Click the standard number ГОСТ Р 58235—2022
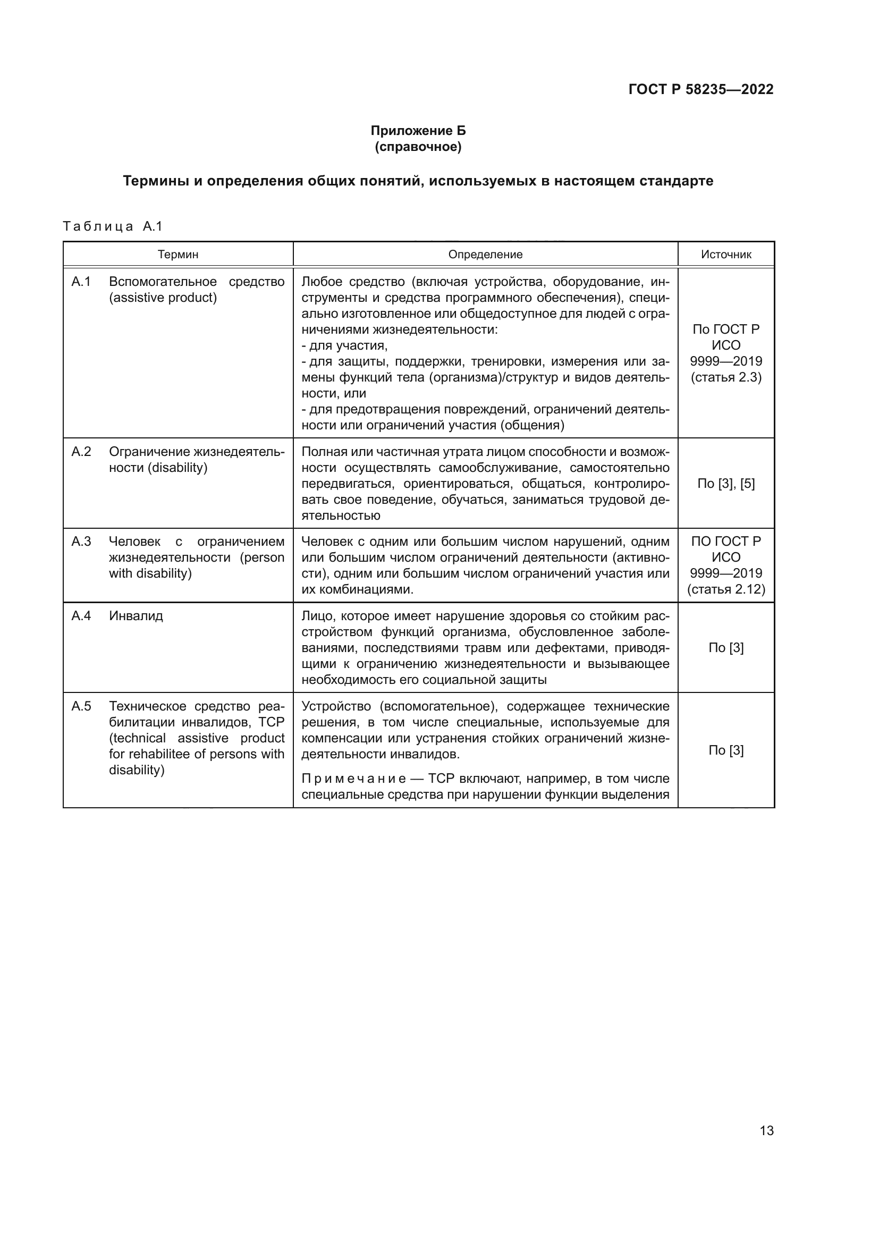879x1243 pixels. coord(701,90)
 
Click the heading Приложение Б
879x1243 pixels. coord(418,131)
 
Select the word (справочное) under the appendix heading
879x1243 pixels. coord(418,147)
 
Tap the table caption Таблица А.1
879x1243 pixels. coord(113,226)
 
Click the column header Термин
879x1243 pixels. coord(178,255)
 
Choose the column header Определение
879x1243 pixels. coord(485,255)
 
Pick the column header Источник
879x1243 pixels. coord(726,255)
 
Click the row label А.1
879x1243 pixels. coord(81,282)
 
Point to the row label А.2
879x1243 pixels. coord(81,452)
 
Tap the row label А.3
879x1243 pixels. coord(81,542)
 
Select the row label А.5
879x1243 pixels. coord(81,706)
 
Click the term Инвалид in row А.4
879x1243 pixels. coord(136,616)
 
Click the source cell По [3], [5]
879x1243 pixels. coord(726,484)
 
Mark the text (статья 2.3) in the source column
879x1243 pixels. coord(726,377)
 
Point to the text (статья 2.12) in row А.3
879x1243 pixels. coord(726,589)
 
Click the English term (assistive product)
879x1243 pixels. coord(163,298)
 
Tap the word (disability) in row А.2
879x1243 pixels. coord(179,468)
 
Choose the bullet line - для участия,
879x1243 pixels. coord(344,345)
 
